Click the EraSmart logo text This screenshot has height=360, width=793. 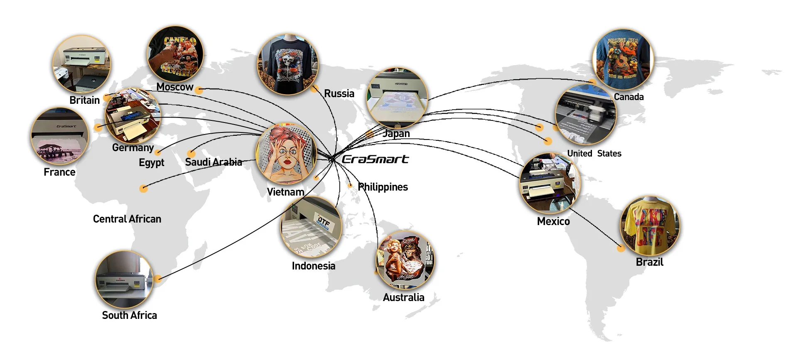click(375, 159)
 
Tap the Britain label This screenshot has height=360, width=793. click(84, 100)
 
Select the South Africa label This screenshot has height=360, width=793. click(129, 315)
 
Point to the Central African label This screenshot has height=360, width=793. click(127, 219)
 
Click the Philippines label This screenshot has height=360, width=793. click(383, 187)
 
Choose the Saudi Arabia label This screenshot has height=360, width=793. click(214, 162)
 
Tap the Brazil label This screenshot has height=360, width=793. click(649, 262)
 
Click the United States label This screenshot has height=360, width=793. click(594, 154)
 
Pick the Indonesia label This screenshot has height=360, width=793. click(313, 266)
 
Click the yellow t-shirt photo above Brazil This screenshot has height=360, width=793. click(650, 227)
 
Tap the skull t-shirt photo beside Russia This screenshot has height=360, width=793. click(287, 64)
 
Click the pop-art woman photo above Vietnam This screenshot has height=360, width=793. click(287, 154)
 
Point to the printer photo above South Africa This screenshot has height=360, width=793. click(124, 279)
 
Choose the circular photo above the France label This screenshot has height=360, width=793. click(60, 136)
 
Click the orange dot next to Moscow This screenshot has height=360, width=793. click(199, 90)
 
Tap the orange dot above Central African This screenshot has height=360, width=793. click(143, 189)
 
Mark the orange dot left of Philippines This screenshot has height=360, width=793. click(350, 186)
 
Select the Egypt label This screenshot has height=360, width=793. click(151, 162)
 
